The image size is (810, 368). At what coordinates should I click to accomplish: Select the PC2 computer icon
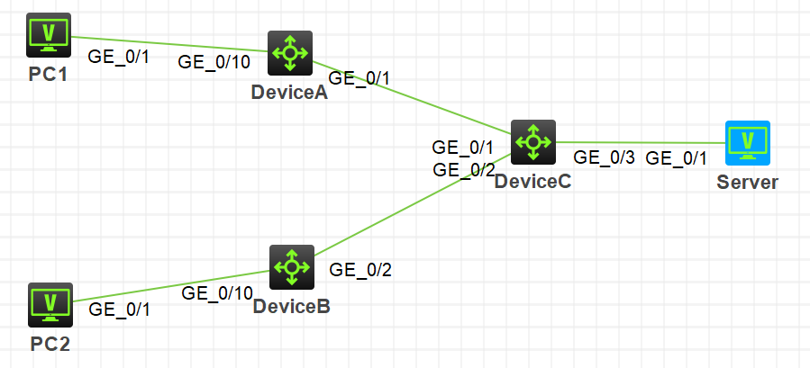point(50,305)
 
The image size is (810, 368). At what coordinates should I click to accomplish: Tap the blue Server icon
point(748,142)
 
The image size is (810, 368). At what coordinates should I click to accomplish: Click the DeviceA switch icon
point(290,53)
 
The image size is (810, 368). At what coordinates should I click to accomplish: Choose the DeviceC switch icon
point(533,142)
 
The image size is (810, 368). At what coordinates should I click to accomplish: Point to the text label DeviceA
point(289,93)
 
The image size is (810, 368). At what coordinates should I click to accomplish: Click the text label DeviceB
point(291,307)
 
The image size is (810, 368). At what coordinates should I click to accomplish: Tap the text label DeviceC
point(532,181)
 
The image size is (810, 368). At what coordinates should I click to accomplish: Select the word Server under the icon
point(747,182)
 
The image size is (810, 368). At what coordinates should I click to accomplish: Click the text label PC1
point(49,74)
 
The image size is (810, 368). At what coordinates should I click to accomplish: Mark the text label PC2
point(50,343)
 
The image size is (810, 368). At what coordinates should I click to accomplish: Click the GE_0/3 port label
point(605,157)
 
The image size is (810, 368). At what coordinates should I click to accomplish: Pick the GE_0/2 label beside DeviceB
point(360,268)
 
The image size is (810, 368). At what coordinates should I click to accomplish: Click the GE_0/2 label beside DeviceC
point(464,169)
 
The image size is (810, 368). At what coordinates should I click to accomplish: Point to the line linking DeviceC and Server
point(640,142)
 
